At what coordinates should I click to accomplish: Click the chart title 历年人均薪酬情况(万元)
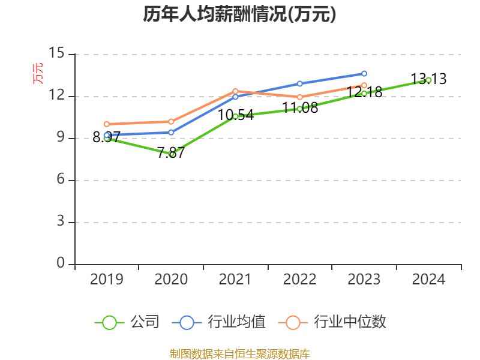tap(239, 14)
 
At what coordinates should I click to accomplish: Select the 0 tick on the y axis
tap(61, 263)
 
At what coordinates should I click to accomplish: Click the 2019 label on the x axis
tap(107, 280)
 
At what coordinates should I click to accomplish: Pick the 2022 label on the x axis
tap(299, 280)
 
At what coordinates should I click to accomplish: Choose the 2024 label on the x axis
tap(428, 280)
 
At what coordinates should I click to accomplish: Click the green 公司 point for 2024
tap(428, 80)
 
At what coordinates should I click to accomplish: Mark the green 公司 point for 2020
tap(172, 154)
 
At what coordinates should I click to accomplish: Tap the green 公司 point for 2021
tap(235, 116)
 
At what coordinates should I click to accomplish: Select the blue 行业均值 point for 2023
tap(364, 73)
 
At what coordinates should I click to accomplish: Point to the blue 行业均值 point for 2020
tap(171, 133)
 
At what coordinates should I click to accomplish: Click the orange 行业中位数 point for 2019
tap(107, 124)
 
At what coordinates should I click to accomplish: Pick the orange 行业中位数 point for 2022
tap(299, 97)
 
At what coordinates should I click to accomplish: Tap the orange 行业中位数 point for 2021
tap(235, 91)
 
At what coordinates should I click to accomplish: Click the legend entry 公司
tap(127, 322)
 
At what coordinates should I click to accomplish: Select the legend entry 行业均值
tap(219, 322)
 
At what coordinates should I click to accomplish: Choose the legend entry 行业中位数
tap(334, 322)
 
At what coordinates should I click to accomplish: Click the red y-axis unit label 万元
tap(38, 73)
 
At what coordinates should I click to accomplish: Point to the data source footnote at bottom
tap(239, 353)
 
